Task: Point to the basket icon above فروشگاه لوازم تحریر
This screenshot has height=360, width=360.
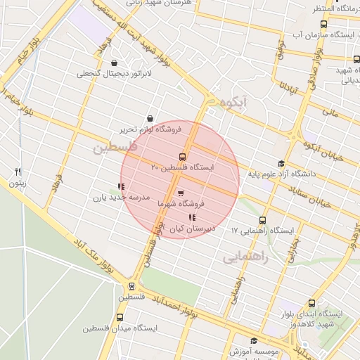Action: [x=149, y=119]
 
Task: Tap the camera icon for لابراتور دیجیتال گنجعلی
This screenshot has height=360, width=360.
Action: [x=114, y=63]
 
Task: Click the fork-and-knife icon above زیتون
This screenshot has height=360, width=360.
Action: [x=18, y=172]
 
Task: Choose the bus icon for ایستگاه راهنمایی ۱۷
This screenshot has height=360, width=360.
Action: [x=263, y=219]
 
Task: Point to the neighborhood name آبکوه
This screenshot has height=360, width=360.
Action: [x=234, y=103]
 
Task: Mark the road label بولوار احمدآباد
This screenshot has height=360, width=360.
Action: [x=168, y=307]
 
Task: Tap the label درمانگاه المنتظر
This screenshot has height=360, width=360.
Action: [x=335, y=8]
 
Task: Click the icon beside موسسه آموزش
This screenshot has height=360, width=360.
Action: [x=254, y=341]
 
